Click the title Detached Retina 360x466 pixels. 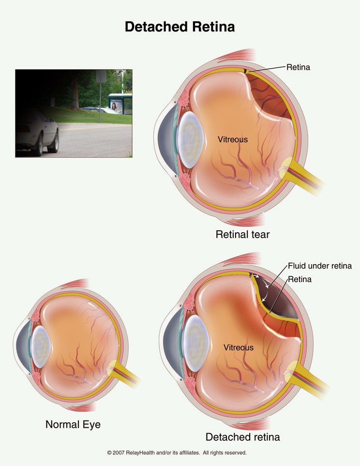coord(180,27)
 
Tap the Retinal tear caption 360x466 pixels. coord(242,235)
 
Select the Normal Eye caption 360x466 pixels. coord(73,424)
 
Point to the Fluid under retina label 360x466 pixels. coord(319,266)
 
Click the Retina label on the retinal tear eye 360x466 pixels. coord(298,67)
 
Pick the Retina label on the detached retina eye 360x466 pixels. coord(300,279)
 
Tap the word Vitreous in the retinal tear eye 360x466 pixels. coord(232,139)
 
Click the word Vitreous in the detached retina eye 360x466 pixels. coord(238,347)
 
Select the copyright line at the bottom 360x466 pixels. coord(177,453)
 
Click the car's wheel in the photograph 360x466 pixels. coord(53,141)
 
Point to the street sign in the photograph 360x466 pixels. coord(101,76)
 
